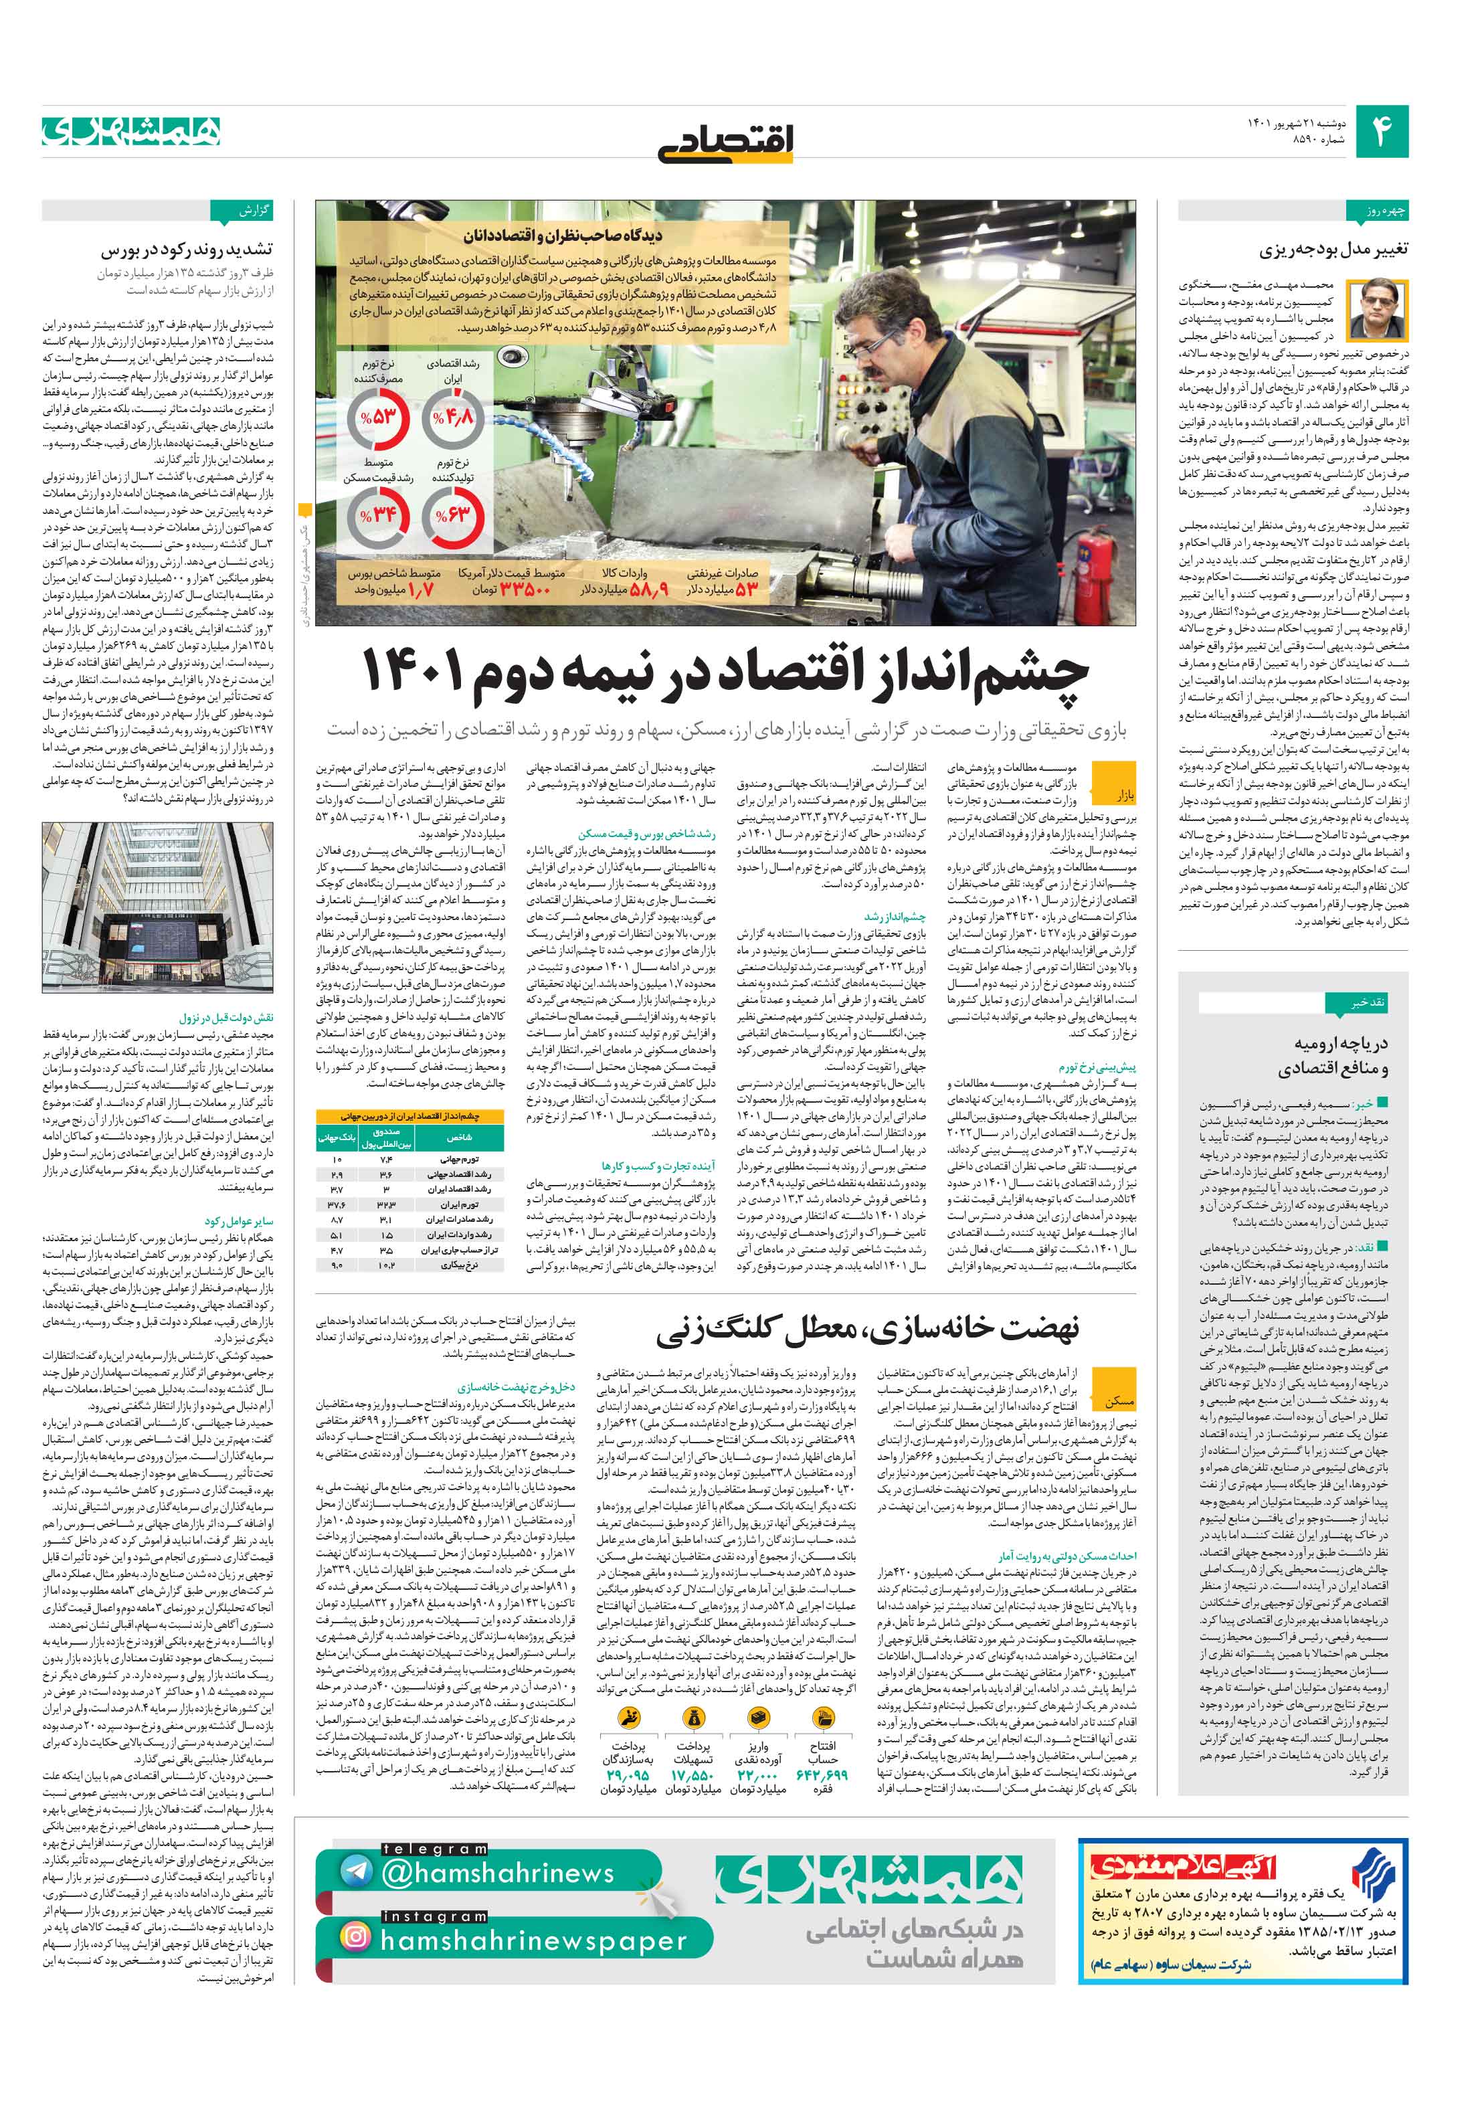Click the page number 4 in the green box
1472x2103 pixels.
click(1381, 132)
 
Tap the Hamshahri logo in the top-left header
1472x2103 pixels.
click(131, 131)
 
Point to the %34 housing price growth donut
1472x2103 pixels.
click(377, 515)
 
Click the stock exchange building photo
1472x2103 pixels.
click(157, 907)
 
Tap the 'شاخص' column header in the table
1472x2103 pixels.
click(458, 1137)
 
